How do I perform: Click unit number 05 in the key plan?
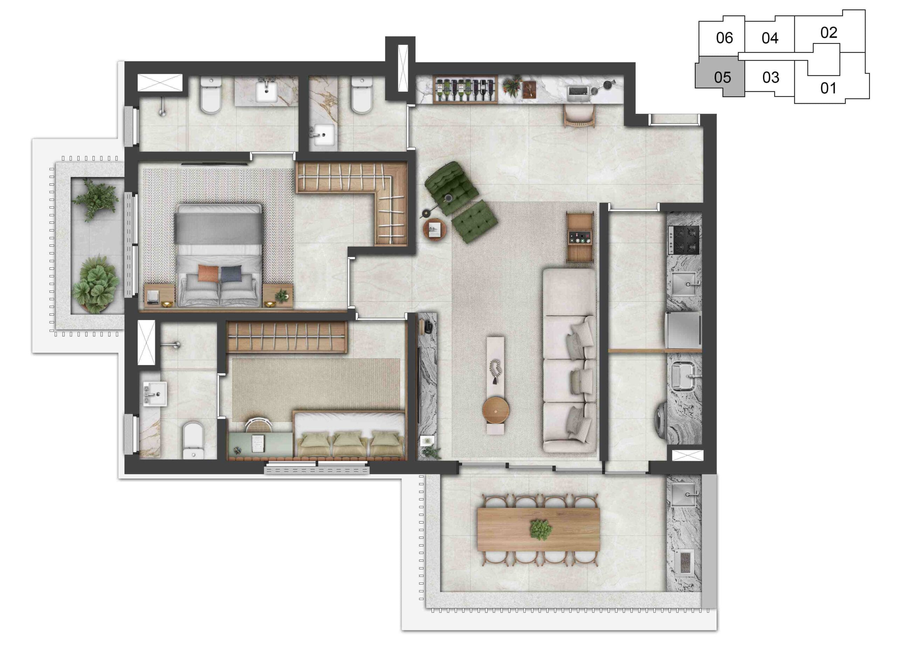(722, 77)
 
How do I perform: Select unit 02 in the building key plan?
(829, 33)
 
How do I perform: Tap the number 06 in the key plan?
(724, 38)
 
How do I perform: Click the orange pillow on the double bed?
(208, 273)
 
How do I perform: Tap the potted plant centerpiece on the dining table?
(541, 529)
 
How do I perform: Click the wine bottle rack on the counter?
(465, 89)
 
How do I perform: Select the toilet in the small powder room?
(362, 95)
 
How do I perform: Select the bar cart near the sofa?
(580, 237)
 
